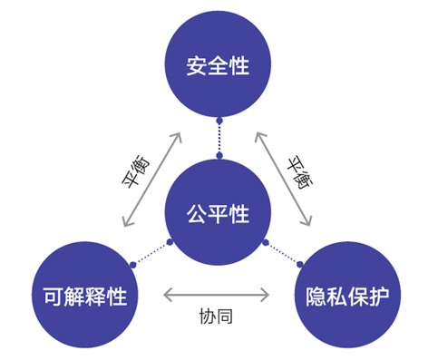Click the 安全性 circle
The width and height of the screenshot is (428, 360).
(x=218, y=66)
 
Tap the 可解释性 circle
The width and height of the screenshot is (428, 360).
(x=84, y=295)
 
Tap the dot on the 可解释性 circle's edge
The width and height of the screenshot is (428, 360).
(x=132, y=265)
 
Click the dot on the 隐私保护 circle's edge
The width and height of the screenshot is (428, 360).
(x=302, y=265)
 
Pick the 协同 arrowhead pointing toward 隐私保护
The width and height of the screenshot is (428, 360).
(x=267, y=295)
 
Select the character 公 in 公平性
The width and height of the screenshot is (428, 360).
(x=198, y=215)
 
